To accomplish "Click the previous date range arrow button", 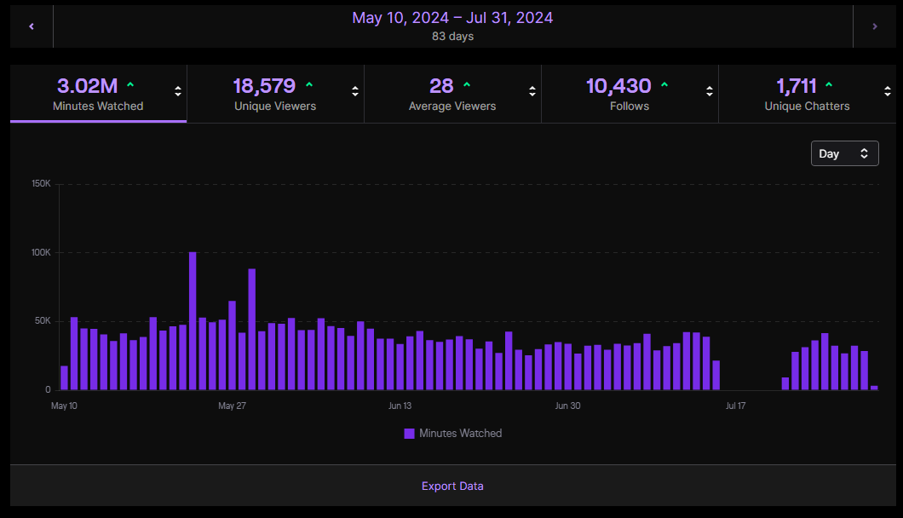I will [x=32, y=26].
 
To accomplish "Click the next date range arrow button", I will [x=874, y=26].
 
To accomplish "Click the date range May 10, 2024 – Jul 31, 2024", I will [x=452, y=18].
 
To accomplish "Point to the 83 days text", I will [x=452, y=37].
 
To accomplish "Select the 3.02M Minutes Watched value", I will [x=87, y=86].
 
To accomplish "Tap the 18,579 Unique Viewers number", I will [x=264, y=86].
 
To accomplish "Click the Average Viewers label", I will [x=452, y=106].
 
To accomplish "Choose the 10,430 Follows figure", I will [x=618, y=86].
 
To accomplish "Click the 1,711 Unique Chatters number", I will [x=797, y=86].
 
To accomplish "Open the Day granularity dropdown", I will [x=844, y=153].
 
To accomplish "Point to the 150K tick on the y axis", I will [x=41, y=184].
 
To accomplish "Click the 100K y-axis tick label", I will [x=41, y=253].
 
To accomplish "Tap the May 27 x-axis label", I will [x=233, y=406].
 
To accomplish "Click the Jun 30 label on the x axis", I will [x=567, y=406].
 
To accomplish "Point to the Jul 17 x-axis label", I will [x=735, y=406].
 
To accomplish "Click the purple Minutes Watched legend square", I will [x=409, y=434].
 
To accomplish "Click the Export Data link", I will [x=452, y=486].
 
